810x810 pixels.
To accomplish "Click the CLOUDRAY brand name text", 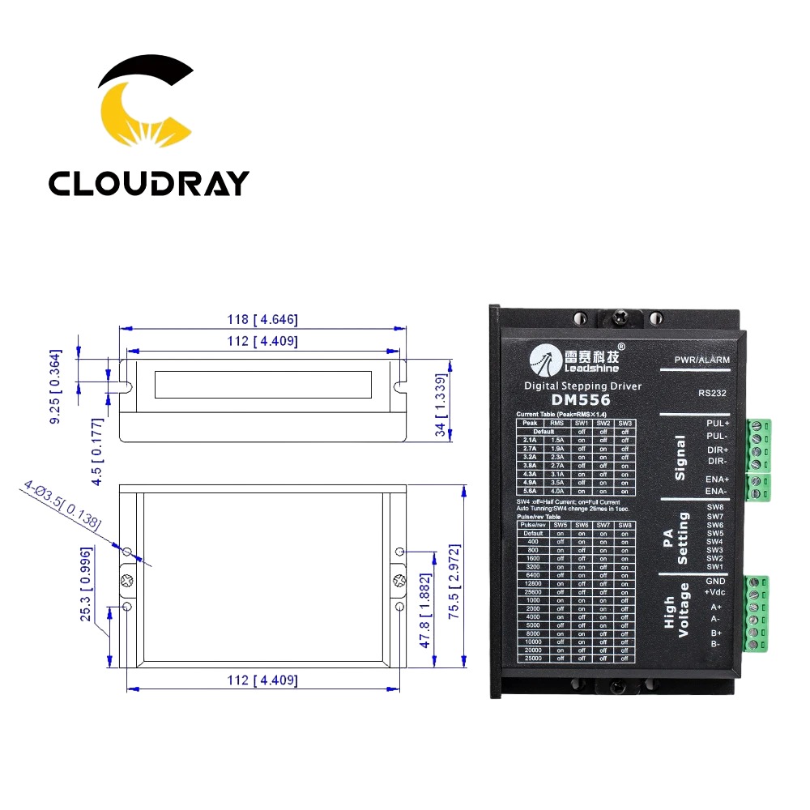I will (x=148, y=182).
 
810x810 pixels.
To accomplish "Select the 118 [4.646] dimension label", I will (x=262, y=320).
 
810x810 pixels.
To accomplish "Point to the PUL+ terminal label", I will (x=717, y=424).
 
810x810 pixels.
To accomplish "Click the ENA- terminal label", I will (x=717, y=491).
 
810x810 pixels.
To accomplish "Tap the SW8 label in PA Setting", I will (x=714, y=508).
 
